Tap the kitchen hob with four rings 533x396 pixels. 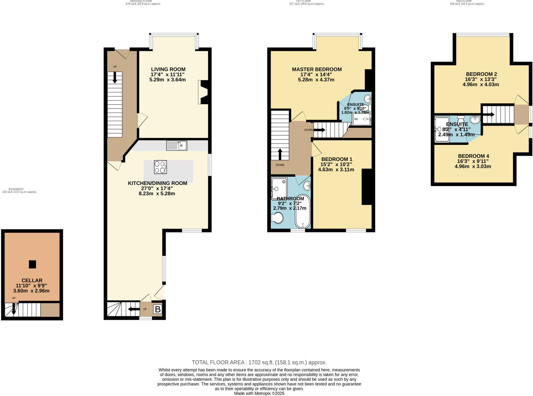160,167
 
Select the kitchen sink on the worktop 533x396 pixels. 177,145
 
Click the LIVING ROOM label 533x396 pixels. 168,69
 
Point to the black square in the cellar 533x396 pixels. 32,264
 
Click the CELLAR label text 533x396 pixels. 32,280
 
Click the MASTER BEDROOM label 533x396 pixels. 317,69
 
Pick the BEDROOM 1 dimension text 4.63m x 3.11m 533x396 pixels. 336,170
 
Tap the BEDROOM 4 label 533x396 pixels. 473,156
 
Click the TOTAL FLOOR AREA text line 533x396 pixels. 259,362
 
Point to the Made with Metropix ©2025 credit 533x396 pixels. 259,393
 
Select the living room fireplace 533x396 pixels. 204,92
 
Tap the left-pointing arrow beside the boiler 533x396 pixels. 134,309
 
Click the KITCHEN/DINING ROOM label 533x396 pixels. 157,183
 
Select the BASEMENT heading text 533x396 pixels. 16,189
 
